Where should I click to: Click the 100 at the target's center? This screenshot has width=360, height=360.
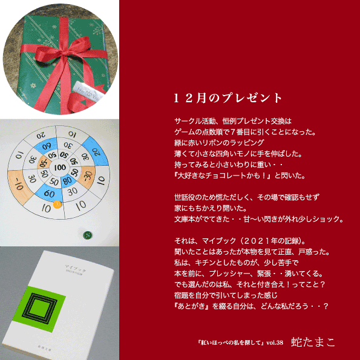pos(60,168)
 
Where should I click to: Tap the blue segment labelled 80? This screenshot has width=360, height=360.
pos(68,181)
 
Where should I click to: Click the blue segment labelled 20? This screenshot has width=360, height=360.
pos(96,151)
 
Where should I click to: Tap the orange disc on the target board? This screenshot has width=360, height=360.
pos(57,205)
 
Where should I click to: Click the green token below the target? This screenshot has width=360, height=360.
pos(88,235)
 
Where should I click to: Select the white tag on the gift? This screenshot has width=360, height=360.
pos(88,93)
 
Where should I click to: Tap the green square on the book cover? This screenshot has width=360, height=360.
pos(39,309)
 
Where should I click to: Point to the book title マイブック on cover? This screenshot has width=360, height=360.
pos(76,268)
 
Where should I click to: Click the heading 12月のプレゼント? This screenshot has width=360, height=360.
pos(227,98)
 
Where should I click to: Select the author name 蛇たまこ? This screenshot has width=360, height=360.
pos(313,342)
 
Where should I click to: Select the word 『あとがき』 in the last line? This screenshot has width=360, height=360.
pos(193,306)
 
